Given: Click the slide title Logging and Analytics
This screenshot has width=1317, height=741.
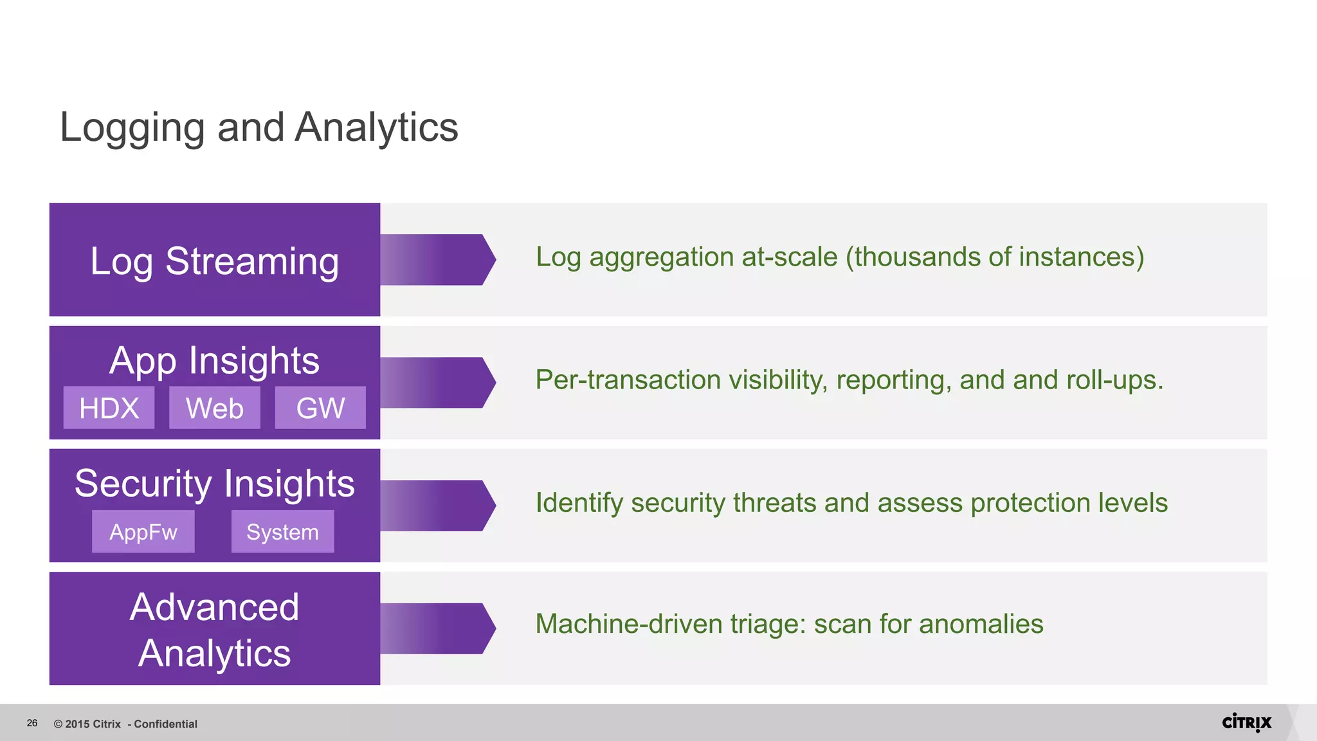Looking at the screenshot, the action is (x=259, y=127).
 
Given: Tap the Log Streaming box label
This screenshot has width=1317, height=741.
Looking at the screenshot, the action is (x=214, y=261).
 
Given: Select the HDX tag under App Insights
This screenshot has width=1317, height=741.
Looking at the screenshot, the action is (x=109, y=408).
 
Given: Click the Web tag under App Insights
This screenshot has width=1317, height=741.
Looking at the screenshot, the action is (x=214, y=408).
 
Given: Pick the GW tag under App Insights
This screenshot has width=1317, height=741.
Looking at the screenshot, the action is (x=320, y=408).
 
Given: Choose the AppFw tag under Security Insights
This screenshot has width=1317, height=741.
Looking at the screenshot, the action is (x=143, y=532).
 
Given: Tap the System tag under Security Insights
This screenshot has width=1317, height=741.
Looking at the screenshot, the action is (x=282, y=532).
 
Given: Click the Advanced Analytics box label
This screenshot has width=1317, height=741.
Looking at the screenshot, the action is (x=214, y=630).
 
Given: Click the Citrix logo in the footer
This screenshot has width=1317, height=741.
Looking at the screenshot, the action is (x=1246, y=722).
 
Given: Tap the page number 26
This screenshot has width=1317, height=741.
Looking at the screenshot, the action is (x=32, y=723).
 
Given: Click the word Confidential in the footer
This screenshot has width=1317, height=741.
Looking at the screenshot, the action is (x=165, y=724).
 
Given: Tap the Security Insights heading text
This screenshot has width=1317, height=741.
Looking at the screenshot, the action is (x=214, y=484).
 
